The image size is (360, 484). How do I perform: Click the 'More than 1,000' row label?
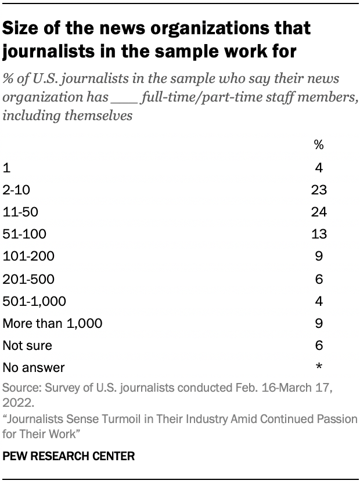click(x=53, y=323)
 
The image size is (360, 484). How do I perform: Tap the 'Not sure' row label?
click(x=27, y=345)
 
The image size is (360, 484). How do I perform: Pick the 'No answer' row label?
click(x=34, y=367)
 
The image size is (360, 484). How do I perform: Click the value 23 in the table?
click(x=319, y=190)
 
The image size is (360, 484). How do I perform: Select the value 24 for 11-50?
click(x=319, y=212)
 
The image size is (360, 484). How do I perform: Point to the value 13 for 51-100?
click(x=319, y=234)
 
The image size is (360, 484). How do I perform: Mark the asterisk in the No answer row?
click(x=319, y=366)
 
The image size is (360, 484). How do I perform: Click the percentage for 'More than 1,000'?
click(x=319, y=323)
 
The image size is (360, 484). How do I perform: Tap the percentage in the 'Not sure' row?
click(x=319, y=345)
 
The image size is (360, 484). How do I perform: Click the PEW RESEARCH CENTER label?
click(x=69, y=457)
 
